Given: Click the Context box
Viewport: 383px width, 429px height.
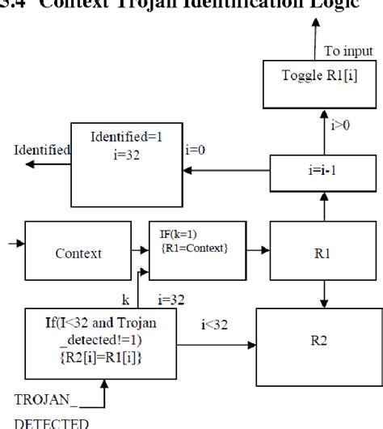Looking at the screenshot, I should point(78,253).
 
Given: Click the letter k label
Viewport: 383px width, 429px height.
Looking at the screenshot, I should point(126,299).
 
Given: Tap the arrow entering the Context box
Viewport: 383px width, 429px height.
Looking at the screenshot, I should point(16,241).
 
